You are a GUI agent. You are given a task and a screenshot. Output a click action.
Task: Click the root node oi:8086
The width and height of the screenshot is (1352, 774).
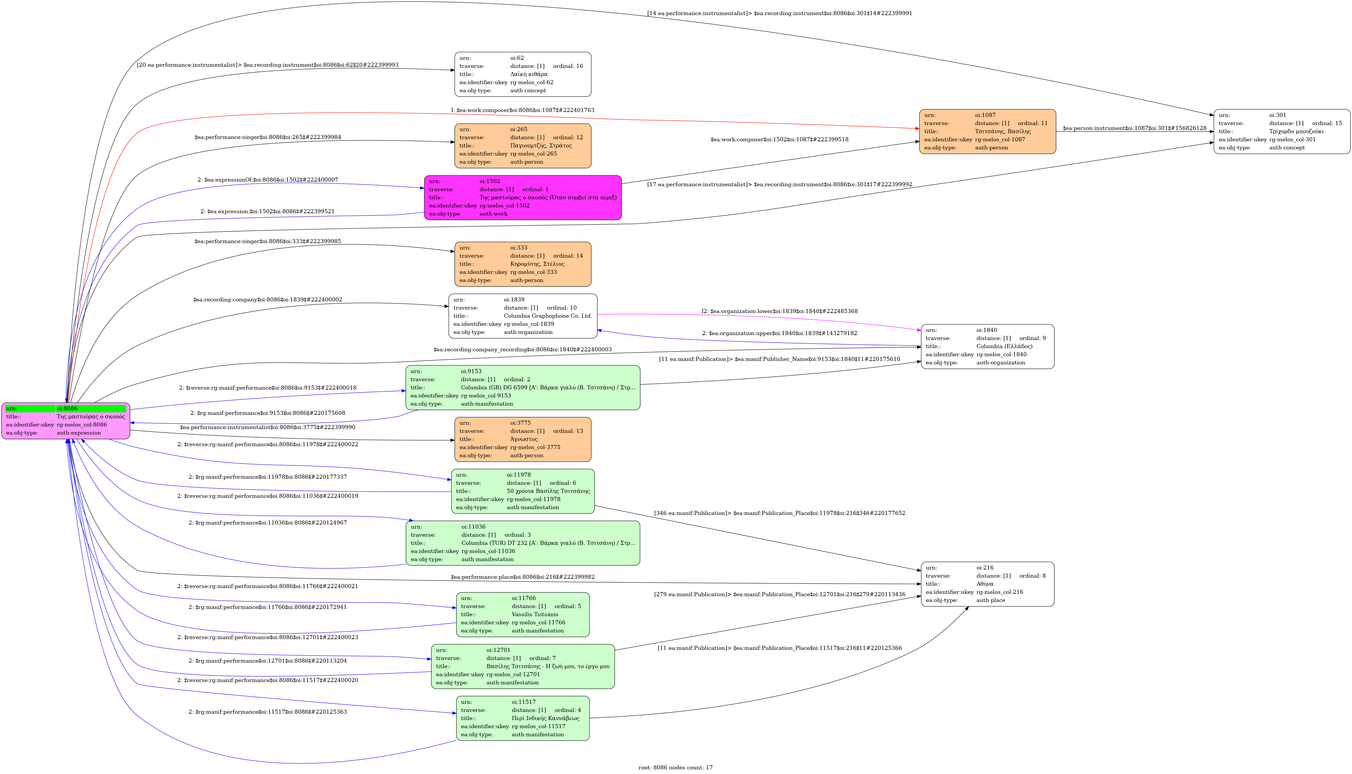click(66, 420)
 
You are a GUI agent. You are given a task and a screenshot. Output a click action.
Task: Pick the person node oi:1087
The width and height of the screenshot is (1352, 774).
click(987, 132)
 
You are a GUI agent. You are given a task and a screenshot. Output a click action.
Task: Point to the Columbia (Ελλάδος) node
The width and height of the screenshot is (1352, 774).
click(987, 347)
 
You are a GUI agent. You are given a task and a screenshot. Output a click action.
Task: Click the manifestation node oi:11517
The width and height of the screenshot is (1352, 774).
click(523, 718)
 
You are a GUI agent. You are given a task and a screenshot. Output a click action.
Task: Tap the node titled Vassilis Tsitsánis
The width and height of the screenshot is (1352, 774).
click(523, 614)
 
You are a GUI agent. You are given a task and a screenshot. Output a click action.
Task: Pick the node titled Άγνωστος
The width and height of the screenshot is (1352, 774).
click(523, 439)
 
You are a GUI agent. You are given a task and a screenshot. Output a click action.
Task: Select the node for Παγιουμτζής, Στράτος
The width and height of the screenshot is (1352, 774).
click(523, 146)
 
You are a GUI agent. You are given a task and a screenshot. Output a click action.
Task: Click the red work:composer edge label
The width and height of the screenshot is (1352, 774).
click(523, 110)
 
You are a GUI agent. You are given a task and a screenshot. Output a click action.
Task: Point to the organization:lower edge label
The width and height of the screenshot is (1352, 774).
click(779, 311)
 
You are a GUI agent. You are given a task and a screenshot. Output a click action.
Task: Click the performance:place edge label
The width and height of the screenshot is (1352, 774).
click(523, 577)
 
